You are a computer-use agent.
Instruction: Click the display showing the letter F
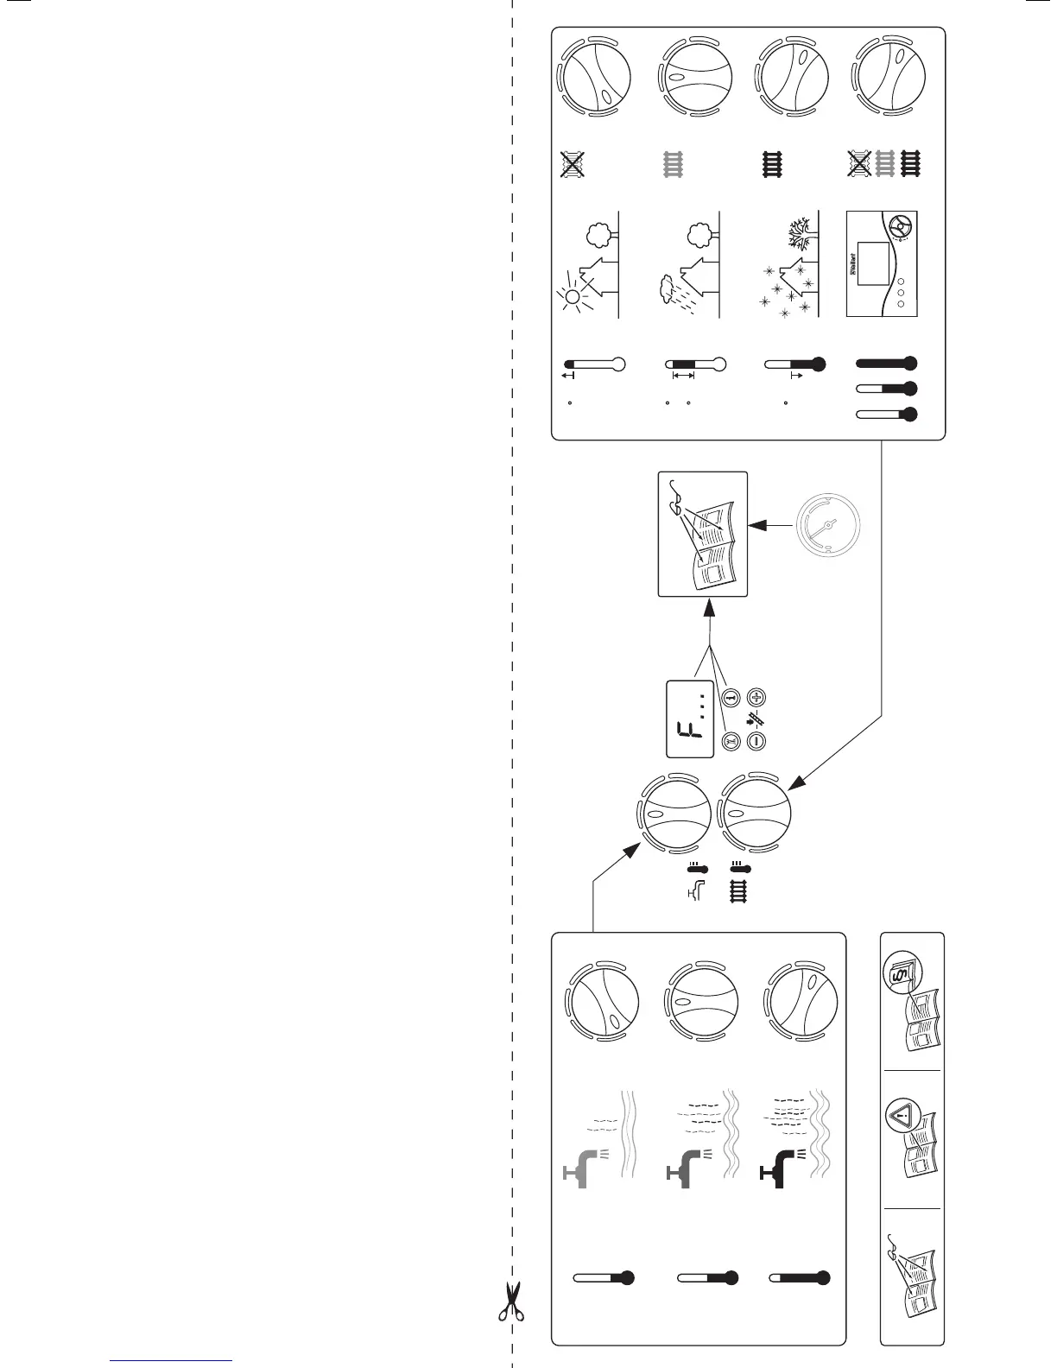pos(690,719)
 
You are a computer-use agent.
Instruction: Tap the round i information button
pos(731,697)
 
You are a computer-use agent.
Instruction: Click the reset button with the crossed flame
pos(731,740)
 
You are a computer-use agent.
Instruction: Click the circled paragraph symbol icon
pos(902,979)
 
